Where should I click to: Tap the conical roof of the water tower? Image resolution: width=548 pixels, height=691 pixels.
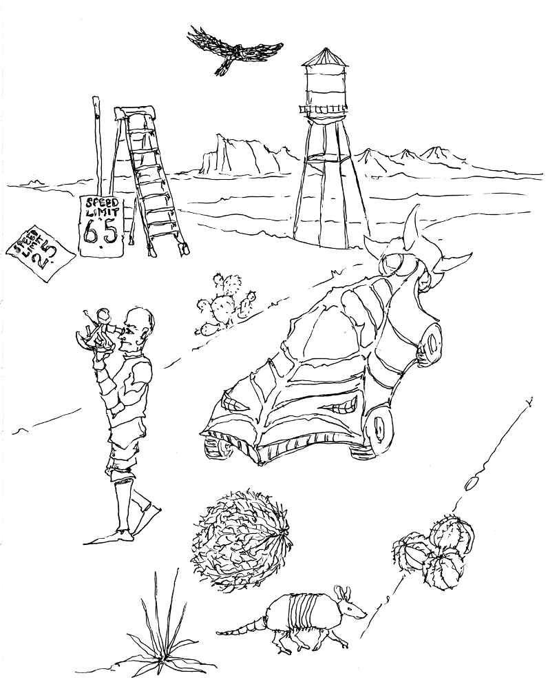click(326, 56)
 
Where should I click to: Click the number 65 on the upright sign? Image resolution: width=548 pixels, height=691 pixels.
click(101, 232)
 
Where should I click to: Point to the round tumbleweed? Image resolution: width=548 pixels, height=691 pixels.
click(240, 540)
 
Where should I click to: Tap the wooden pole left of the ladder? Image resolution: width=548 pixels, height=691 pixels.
click(97, 145)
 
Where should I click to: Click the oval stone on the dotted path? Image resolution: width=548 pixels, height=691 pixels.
click(472, 485)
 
